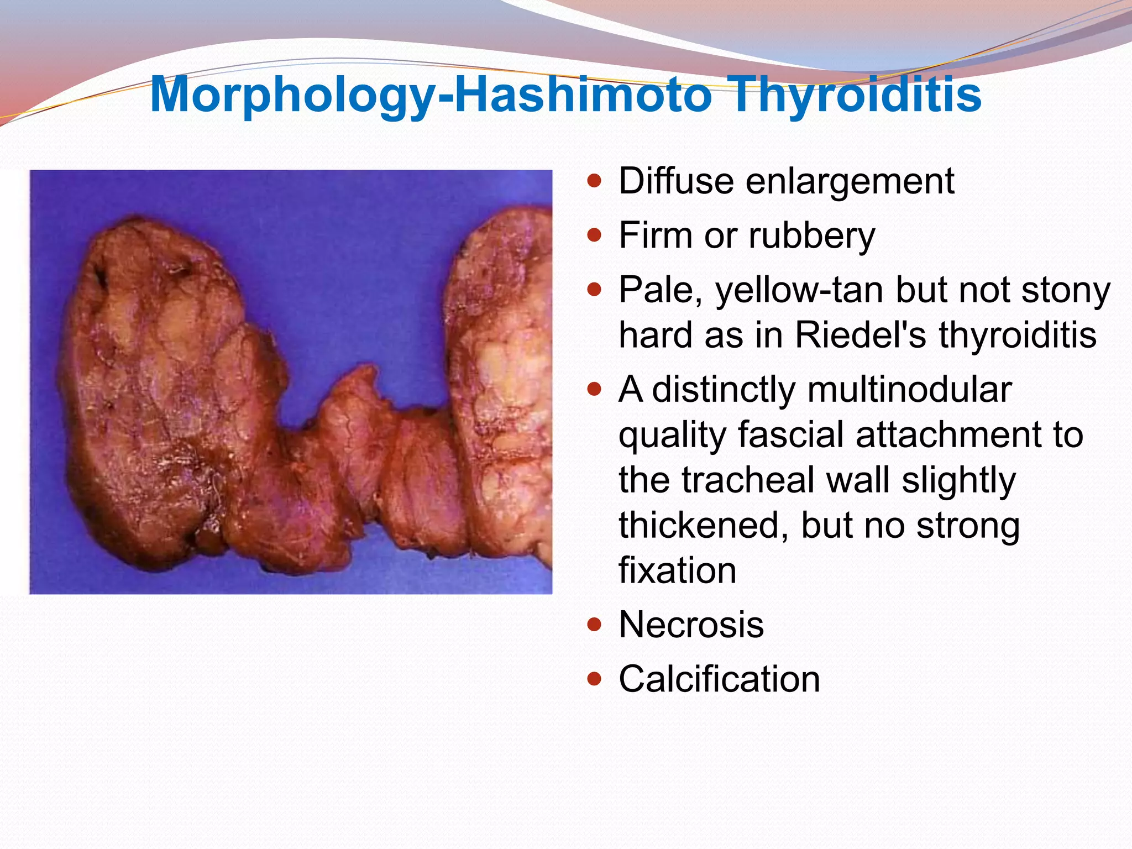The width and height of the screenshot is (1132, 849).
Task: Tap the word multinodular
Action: [909, 390]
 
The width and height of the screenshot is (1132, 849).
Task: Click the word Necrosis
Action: [691, 625]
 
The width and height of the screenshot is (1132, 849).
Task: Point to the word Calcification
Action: [719, 679]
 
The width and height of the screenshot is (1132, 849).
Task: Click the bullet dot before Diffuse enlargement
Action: [594, 181]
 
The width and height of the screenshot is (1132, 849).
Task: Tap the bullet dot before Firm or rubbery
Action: [594, 236]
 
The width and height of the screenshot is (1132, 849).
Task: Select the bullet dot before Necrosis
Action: [594, 625]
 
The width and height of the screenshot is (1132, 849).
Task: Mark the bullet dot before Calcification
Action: [594, 679]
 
